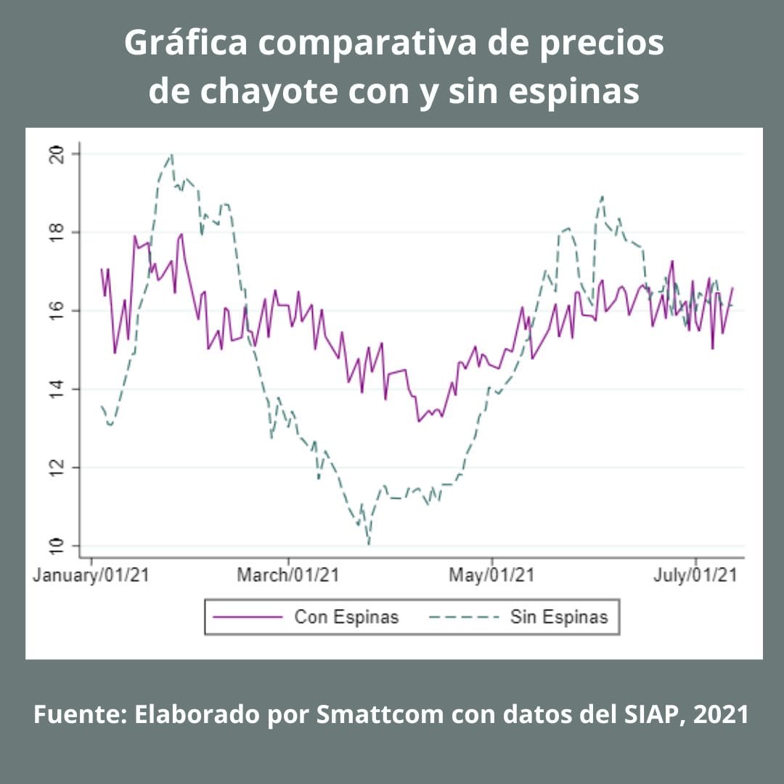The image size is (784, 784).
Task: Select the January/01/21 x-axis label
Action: (91, 576)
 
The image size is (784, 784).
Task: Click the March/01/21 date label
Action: (288, 576)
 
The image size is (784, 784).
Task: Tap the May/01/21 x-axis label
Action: (491, 576)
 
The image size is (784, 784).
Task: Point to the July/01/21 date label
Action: (695, 576)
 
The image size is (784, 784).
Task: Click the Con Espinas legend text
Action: (346, 617)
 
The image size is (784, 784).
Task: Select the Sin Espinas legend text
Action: (558, 617)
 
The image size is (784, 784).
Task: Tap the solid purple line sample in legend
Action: (247, 617)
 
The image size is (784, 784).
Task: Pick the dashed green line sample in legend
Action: (464, 617)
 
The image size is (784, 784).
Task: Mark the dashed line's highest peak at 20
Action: (171, 154)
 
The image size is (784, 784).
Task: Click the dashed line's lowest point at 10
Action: (369, 544)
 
